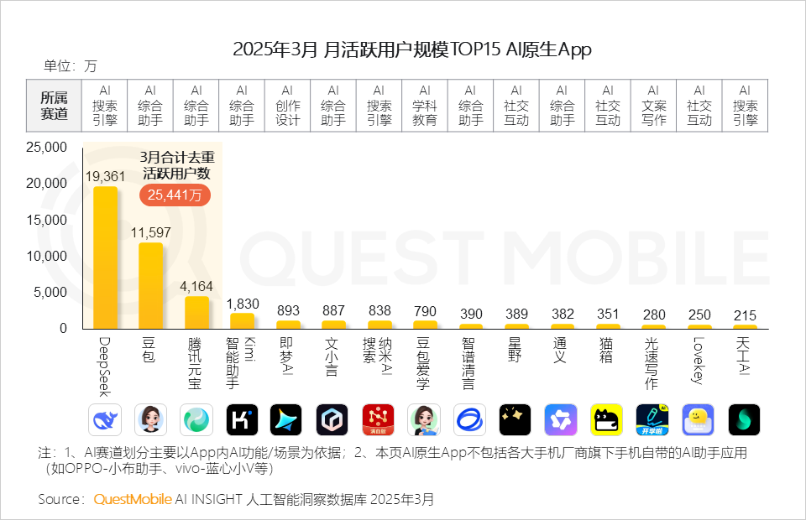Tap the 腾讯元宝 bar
(196, 312)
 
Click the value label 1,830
(242, 304)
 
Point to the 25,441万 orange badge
(175, 195)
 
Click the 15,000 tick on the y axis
(48, 220)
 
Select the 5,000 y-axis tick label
(51, 293)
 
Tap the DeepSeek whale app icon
(105, 419)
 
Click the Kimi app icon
(242, 419)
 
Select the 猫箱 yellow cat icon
(607, 419)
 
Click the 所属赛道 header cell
(55, 106)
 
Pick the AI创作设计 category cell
(287, 106)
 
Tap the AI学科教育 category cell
(425, 106)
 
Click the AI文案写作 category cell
(653, 106)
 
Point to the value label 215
(745, 315)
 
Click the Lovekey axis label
(699, 356)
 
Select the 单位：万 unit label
(71, 66)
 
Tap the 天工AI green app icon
(744, 419)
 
